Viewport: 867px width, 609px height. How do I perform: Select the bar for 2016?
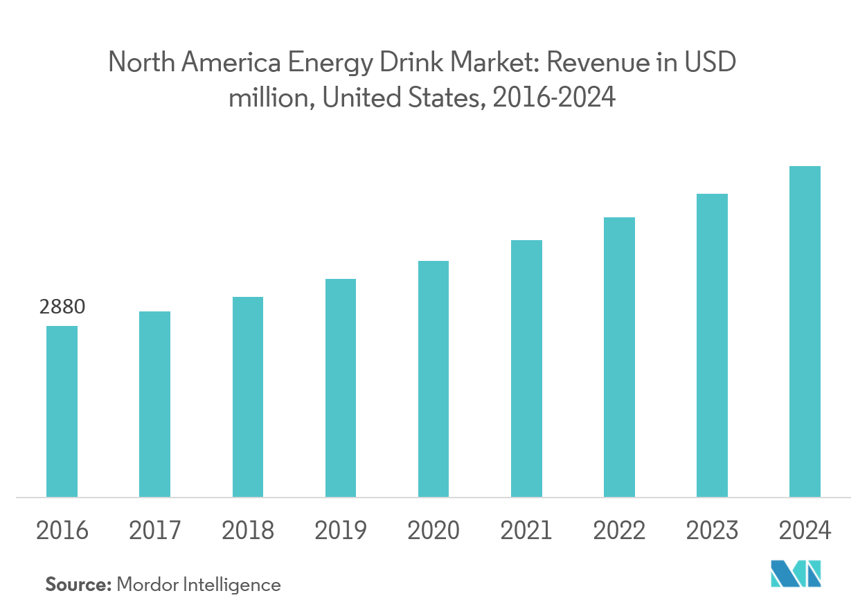[62, 411]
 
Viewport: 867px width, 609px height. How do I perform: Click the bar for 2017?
[154, 404]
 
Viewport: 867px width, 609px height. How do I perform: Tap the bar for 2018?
[247, 397]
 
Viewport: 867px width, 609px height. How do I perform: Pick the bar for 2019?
[340, 388]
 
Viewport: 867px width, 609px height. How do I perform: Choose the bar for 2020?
[433, 379]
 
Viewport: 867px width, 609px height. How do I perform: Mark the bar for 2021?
[526, 368]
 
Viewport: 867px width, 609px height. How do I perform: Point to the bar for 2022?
[619, 357]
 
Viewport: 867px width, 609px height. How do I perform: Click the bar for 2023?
[712, 345]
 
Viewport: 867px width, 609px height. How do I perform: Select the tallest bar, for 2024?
[805, 331]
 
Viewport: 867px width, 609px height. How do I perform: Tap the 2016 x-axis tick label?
[62, 531]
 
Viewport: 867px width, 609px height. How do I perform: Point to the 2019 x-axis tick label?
[340, 531]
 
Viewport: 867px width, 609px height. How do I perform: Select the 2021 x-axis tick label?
[526, 531]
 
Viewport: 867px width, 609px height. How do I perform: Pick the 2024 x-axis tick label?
[805, 531]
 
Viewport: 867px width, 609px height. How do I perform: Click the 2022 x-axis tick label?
[619, 531]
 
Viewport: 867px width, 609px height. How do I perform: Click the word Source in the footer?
[78, 585]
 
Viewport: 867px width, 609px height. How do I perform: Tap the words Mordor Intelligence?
[199, 585]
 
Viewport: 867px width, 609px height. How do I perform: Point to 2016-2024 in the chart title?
[553, 98]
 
